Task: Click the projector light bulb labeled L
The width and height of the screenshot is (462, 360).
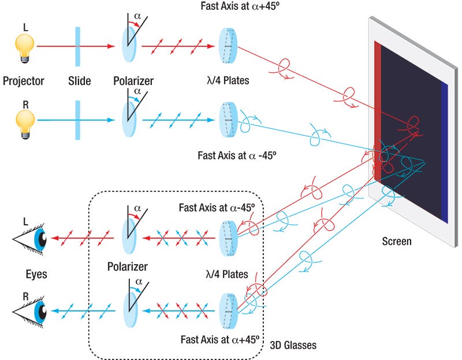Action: pos(24,46)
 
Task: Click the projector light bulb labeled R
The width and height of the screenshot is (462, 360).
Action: pos(24,121)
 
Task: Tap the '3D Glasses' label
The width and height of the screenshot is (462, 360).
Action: pos(293,346)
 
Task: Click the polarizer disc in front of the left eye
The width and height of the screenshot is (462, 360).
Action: pos(129,237)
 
